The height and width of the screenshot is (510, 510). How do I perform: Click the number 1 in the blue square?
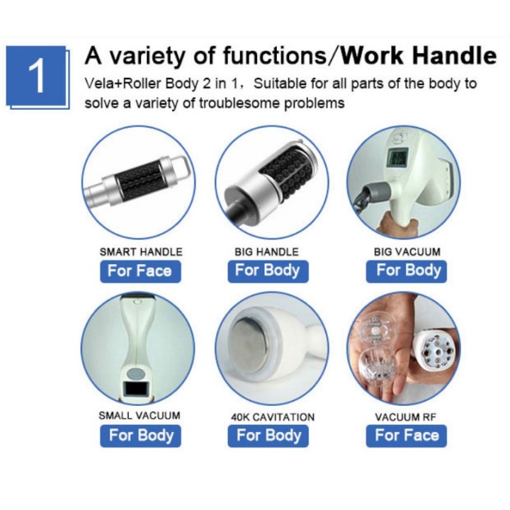pyautogui.click(x=36, y=76)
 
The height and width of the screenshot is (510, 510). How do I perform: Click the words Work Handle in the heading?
pyautogui.click(x=419, y=56)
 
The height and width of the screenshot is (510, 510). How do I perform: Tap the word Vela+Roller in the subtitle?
pyautogui.click(x=123, y=84)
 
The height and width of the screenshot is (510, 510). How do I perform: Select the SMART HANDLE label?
pyautogui.click(x=141, y=251)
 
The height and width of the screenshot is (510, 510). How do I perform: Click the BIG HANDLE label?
pyautogui.click(x=267, y=251)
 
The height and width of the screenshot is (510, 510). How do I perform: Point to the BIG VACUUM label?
pyautogui.click(x=407, y=251)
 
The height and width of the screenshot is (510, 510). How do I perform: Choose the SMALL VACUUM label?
pyautogui.click(x=140, y=415)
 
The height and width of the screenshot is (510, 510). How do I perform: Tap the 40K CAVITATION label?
pyautogui.click(x=273, y=417)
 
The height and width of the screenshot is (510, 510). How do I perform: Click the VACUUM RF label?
pyautogui.click(x=405, y=417)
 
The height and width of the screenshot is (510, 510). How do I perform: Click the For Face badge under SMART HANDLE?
pyautogui.click(x=140, y=271)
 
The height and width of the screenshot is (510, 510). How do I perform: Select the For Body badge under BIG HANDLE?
pyautogui.click(x=268, y=271)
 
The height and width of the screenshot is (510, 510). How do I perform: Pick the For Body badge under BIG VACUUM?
pyautogui.click(x=407, y=271)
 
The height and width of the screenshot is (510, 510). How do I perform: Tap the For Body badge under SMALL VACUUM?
pyautogui.click(x=140, y=436)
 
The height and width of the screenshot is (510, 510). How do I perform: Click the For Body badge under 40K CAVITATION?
pyautogui.click(x=268, y=436)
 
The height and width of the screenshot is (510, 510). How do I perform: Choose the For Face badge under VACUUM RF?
pyautogui.click(x=407, y=436)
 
